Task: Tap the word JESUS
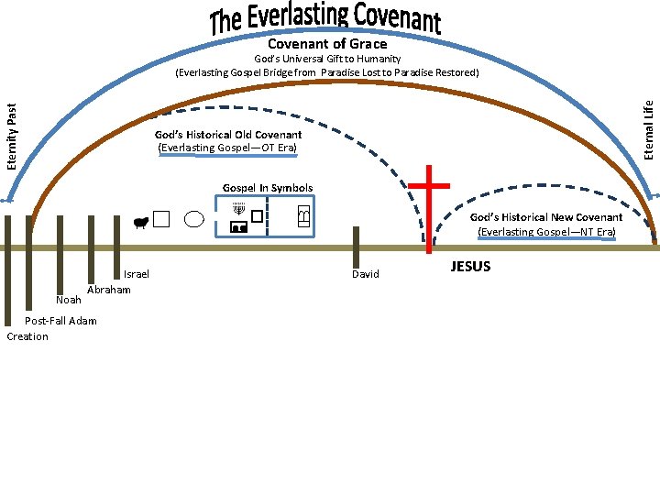[x=470, y=267]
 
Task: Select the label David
[x=365, y=274]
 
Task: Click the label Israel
[x=136, y=274]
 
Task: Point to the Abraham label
[x=108, y=290]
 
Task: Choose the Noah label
[x=68, y=300]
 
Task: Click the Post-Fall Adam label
[x=60, y=320]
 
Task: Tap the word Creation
[x=27, y=336]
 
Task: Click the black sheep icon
[x=140, y=221]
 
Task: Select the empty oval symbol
[x=194, y=219]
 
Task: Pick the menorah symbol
[x=238, y=210]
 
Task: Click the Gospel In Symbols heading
[x=267, y=188]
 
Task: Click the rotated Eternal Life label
[x=648, y=128]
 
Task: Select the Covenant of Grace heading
[x=327, y=44]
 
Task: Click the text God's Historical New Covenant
[x=546, y=217]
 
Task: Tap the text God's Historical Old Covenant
[x=228, y=135]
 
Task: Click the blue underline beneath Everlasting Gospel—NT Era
[x=546, y=239]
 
